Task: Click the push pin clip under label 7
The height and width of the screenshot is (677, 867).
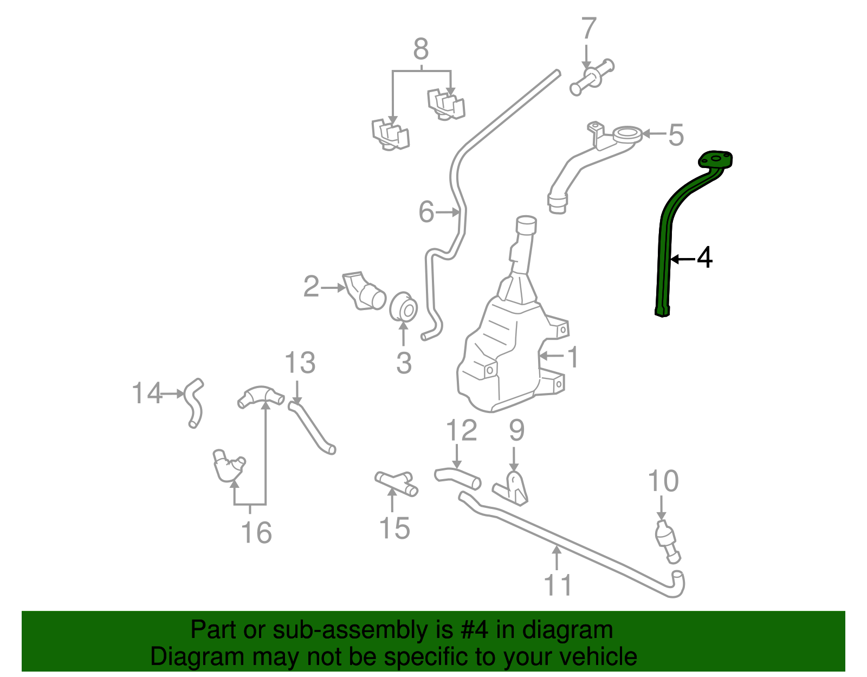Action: click(x=592, y=78)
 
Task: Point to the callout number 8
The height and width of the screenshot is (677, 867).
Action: click(x=421, y=49)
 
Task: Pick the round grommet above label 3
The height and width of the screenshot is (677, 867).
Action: click(x=404, y=307)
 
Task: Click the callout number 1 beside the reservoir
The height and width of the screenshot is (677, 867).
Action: click(x=572, y=358)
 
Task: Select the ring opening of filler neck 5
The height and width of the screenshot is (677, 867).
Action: click(x=627, y=133)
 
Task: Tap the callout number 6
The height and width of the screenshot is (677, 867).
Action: click(x=426, y=212)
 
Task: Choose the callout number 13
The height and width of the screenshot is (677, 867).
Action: click(x=300, y=363)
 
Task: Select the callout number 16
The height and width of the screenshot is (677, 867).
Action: click(x=256, y=532)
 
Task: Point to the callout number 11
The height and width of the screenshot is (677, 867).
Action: click(x=558, y=585)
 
